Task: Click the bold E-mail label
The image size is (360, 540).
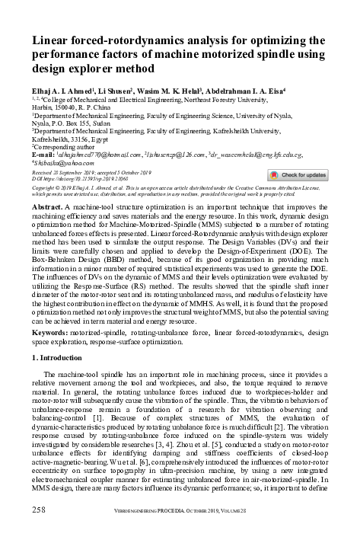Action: pyautogui.click(x=46, y=155)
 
